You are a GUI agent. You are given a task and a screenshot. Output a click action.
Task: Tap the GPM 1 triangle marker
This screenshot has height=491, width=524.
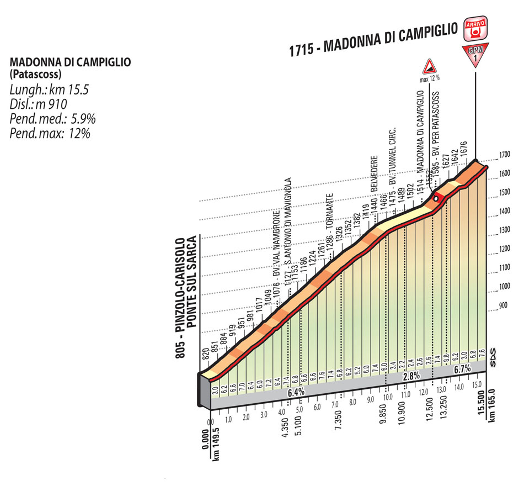point(475,56)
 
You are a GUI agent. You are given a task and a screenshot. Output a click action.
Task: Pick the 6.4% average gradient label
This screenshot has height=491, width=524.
point(296,392)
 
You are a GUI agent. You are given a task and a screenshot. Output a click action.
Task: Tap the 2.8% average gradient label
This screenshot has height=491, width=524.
point(411,376)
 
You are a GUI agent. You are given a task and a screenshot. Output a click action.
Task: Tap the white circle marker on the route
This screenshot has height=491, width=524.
point(436,198)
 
